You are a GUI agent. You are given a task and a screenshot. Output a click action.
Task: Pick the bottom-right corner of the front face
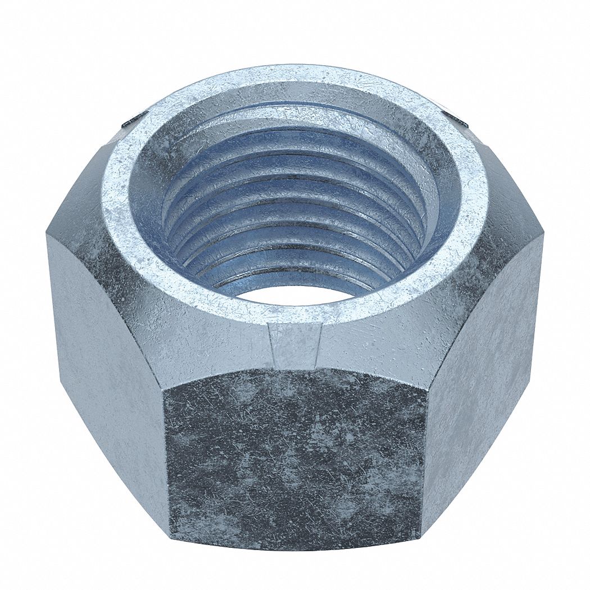[420, 531]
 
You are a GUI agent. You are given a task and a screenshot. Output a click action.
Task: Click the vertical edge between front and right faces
[424, 461]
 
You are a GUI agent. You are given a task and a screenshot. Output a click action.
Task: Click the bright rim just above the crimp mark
[294, 315]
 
